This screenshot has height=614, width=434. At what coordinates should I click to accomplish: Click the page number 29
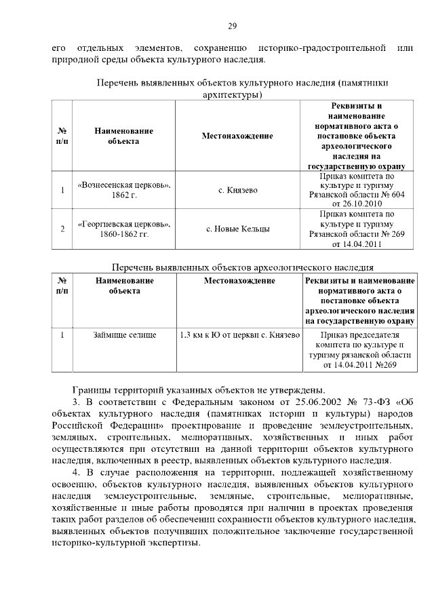click(x=231, y=26)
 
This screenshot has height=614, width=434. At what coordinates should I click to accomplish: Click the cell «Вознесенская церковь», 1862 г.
click(x=124, y=190)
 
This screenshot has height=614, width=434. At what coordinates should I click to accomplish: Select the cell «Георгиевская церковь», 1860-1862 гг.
click(x=124, y=229)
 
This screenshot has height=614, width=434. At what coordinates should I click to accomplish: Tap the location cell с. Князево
click(x=237, y=190)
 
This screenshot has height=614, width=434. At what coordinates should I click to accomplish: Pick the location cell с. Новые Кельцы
click(x=237, y=229)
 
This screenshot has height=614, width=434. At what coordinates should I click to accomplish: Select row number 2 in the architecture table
click(x=62, y=229)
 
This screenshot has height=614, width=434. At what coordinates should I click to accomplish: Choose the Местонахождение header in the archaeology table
click(x=239, y=280)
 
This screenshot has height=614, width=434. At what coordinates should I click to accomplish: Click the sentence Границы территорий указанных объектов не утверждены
click(x=201, y=389)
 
